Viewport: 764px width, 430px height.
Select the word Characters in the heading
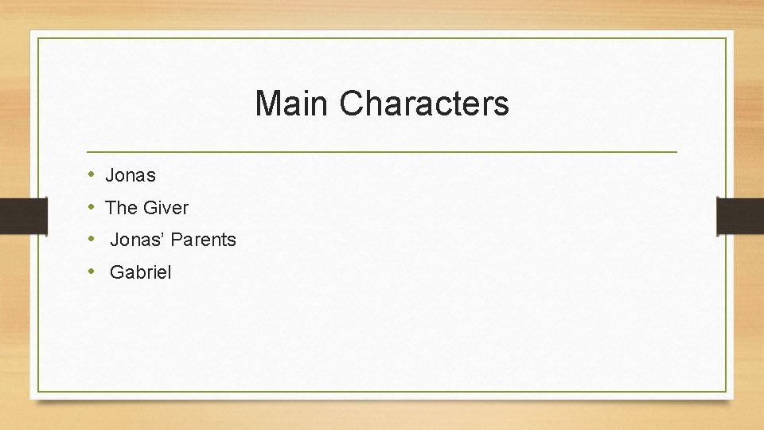point(424,104)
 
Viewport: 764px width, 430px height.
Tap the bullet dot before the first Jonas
point(92,174)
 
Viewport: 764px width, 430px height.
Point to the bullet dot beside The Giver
point(92,206)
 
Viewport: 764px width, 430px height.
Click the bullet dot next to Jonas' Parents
point(92,239)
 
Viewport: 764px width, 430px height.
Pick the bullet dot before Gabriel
point(92,272)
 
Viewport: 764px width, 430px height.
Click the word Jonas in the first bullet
point(131,175)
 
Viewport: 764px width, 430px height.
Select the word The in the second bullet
point(122,208)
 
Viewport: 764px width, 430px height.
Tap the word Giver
point(166,208)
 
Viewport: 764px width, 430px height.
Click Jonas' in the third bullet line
point(139,240)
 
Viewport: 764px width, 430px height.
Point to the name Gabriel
point(140,272)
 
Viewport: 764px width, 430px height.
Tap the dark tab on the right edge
point(740,216)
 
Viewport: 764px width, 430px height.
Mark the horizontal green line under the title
point(382,151)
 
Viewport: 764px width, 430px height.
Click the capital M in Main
point(268,104)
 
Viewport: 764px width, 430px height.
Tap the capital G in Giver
point(150,208)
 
